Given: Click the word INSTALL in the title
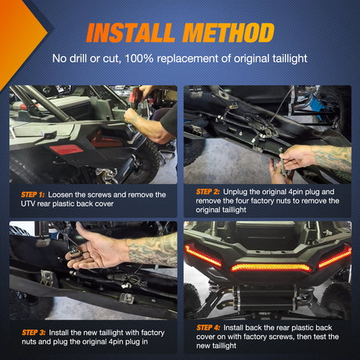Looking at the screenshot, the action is coord(131,33).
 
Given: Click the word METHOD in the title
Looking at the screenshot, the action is coord(229,33).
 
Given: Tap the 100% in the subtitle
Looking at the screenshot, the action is coord(139,58).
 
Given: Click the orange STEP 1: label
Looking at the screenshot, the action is coord(33,195).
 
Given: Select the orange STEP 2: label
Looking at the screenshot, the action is coord(208,192).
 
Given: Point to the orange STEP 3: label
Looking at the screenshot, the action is coord(34,333).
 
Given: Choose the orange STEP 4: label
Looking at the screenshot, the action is coord(208,328).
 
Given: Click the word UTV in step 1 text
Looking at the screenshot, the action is coord(27,203).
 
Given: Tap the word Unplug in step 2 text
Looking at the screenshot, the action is coord(235,192).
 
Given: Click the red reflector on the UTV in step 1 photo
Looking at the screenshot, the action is coord(66,150).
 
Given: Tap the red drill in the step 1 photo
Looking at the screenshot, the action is coord(135,96).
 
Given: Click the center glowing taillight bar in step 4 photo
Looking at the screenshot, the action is coord(271,268).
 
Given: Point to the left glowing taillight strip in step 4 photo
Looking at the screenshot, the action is coord(203,256).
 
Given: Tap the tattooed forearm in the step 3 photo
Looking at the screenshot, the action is coord(152,250).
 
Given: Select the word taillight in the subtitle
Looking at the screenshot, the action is coord(290,59).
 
